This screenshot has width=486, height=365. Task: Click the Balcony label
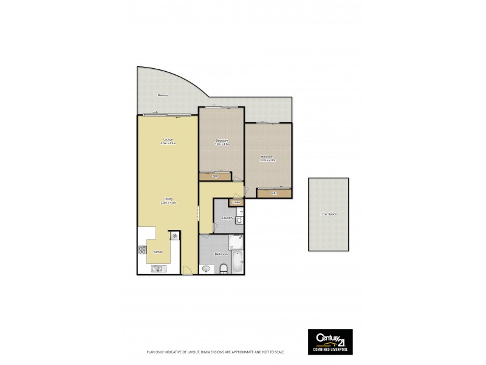162,96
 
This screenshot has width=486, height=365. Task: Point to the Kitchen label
157,251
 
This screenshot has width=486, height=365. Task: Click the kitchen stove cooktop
143,249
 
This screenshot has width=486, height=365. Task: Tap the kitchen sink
156,268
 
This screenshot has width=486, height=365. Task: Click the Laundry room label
228,217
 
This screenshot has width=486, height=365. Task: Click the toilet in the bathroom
224,268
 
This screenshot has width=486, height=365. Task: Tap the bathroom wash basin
206,268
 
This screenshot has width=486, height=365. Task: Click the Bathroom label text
221,254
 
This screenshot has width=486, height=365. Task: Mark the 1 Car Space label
329,215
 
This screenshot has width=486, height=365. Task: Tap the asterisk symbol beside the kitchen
175,235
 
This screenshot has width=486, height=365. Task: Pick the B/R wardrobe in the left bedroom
215,177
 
